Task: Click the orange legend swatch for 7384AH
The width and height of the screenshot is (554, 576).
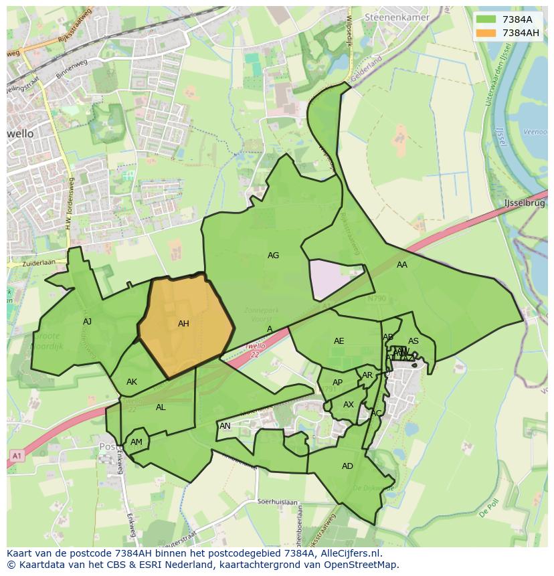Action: pyautogui.click(x=486, y=33)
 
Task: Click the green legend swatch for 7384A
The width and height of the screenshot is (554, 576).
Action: pyautogui.click(x=486, y=19)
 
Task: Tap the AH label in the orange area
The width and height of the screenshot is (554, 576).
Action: pyautogui.click(x=183, y=324)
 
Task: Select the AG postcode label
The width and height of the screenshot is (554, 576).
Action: pyautogui.click(x=273, y=256)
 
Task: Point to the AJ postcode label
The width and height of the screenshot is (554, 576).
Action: pyautogui.click(x=87, y=322)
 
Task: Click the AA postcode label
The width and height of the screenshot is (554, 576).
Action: pyautogui.click(x=401, y=265)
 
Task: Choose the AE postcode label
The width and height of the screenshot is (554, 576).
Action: pyautogui.click(x=339, y=341)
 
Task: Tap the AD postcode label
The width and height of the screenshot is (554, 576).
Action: pyautogui.click(x=347, y=466)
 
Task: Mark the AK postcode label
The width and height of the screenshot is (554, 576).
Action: pyautogui.click(x=132, y=382)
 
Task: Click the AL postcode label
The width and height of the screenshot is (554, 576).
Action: pyautogui.click(x=161, y=407)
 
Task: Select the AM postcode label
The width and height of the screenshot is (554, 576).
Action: pyautogui.click(x=136, y=442)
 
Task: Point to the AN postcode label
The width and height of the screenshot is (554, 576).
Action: pyautogui.click(x=225, y=426)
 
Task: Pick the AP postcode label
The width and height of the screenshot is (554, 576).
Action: pyautogui.click(x=337, y=383)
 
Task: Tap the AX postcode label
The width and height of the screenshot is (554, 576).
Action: pyautogui.click(x=349, y=405)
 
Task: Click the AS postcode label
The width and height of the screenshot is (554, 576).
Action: pyautogui.click(x=413, y=341)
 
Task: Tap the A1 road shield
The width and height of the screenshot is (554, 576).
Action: pyautogui.click(x=15, y=456)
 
